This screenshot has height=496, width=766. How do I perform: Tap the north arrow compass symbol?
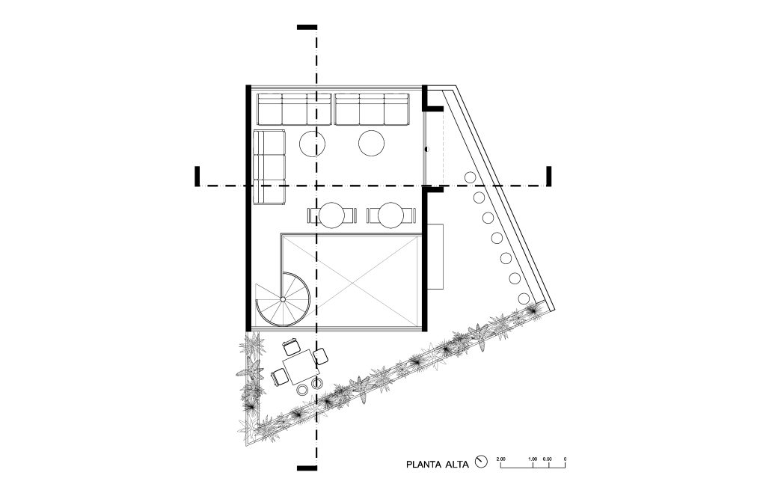click(482, 462)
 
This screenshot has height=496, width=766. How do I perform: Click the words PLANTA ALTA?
click(437, 465)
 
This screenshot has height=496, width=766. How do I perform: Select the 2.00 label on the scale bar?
click(500, 459)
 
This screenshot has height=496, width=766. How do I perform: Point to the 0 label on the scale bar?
click(565, 459)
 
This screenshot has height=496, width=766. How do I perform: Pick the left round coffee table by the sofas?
click(312, 144)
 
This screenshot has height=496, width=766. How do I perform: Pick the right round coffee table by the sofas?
click(371, 143)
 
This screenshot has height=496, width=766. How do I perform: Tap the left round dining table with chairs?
click(331, 215)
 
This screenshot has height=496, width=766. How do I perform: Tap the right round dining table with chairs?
click(390, 215)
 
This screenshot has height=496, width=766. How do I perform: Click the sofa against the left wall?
click(269, 167)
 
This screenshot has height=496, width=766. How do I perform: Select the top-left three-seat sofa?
click(295, 109)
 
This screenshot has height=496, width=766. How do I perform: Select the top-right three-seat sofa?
click(372, 109)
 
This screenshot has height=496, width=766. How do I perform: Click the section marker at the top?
click(307, 28)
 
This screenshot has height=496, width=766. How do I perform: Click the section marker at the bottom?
click(307, 468)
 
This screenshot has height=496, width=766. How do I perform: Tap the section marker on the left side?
click(197, 177)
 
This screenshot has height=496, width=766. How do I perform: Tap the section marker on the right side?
click(549, 177)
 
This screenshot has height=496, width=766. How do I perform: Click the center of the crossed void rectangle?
click(352, 281)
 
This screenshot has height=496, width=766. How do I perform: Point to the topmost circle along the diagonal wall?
click(470, 177)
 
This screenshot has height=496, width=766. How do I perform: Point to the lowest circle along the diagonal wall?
click(523, 298)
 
